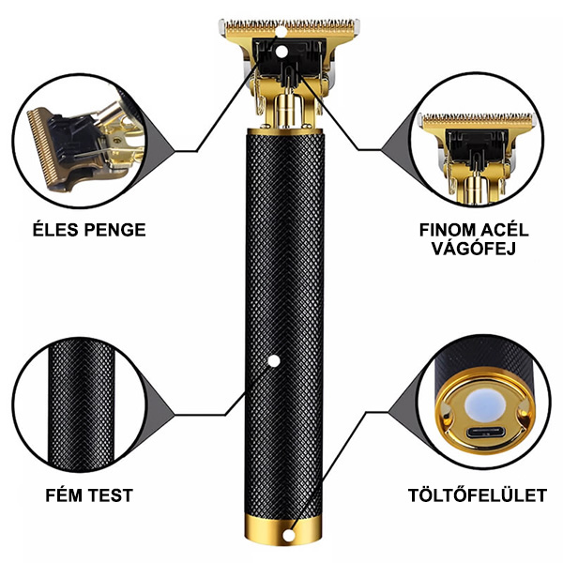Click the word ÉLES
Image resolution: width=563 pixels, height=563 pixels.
click(55, 230)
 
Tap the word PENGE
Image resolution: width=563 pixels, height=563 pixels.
click(114, 230)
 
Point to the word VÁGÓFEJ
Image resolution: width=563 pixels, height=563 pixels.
click(474, 248)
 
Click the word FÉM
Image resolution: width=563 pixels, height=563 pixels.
click(64, 495)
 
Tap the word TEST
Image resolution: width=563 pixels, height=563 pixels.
click(111, 495)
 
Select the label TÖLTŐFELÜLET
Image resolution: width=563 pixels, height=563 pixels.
click(478, 495)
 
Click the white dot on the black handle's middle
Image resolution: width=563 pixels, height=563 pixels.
click(274, 361)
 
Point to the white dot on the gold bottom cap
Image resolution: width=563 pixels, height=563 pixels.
click(288, 536)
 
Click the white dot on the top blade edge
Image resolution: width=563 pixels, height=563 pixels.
click(281, 32)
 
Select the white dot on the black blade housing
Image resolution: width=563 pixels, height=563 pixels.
click(281, 52)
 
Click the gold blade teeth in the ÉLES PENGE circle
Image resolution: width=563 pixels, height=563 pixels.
click(42, 147)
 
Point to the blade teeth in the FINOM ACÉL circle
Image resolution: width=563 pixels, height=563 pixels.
click(478, 118)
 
